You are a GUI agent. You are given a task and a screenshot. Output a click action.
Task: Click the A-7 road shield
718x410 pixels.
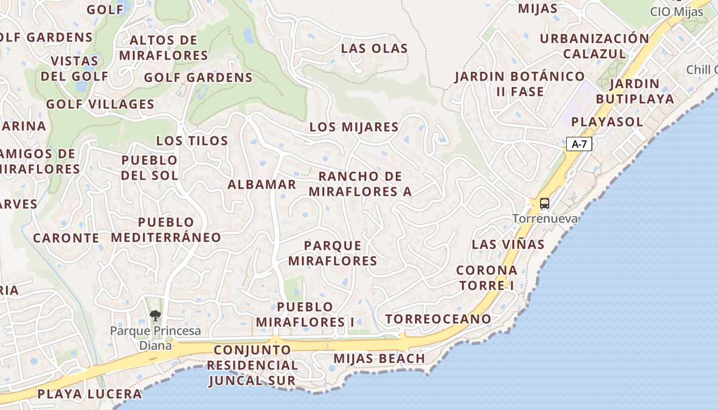(579, 145)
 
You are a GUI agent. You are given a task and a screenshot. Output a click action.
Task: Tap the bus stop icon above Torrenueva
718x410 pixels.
(544, 203)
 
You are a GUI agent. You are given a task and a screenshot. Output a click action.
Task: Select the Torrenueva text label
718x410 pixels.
(545, 219)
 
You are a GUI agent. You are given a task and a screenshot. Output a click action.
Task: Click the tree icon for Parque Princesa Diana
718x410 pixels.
(155, 316)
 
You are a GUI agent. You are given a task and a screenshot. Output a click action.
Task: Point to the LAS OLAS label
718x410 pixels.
(374, 49)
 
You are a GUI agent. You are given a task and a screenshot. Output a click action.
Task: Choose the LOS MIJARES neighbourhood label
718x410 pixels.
(354, 127)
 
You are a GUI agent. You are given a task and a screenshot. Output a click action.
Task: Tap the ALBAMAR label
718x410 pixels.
(262, 184)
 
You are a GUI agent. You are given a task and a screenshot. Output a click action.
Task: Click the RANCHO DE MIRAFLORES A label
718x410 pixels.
(360, 184)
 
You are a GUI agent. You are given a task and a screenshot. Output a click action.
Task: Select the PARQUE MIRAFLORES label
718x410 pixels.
(332, 253)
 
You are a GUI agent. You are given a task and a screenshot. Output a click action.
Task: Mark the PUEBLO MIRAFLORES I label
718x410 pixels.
(305, 315)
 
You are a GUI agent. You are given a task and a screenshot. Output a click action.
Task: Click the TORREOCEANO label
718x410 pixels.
(438, 319)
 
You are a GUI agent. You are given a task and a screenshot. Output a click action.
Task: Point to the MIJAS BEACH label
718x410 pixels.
(379, 359)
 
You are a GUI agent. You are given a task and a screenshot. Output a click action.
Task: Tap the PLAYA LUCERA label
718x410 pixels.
(89, 394)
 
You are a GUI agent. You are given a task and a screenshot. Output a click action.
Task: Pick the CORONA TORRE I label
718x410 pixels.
(487, 278)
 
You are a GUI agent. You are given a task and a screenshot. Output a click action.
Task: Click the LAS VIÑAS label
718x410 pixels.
(508, 244)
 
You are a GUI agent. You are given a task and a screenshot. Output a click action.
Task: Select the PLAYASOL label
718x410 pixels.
(607, 122)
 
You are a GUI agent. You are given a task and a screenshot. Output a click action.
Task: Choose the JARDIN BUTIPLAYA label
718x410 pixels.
(635, 91)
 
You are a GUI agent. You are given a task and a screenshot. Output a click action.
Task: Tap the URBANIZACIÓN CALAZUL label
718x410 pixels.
(594, 46)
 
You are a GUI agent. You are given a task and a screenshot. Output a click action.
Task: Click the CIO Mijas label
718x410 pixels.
(676, 12)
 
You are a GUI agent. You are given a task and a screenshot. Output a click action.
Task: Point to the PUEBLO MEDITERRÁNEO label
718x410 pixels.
(166, 230)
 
